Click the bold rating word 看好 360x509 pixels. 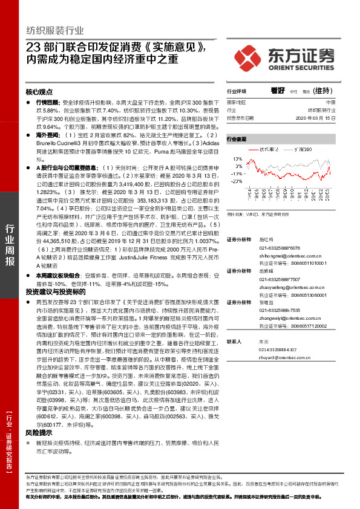click(x=278, y=91)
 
